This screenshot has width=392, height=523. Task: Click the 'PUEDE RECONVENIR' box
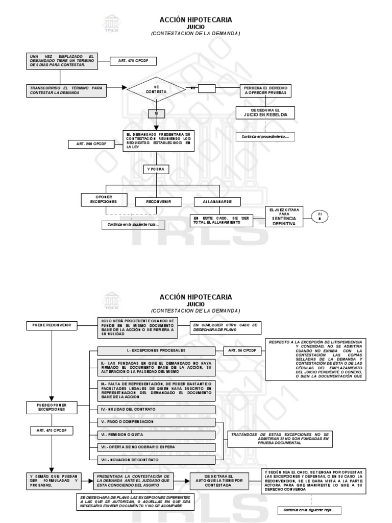click(x=51, y=325)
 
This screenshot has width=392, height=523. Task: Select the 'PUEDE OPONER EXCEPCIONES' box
click(x=51, y=407)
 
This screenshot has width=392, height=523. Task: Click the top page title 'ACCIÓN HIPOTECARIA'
click(x=196, y=20)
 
